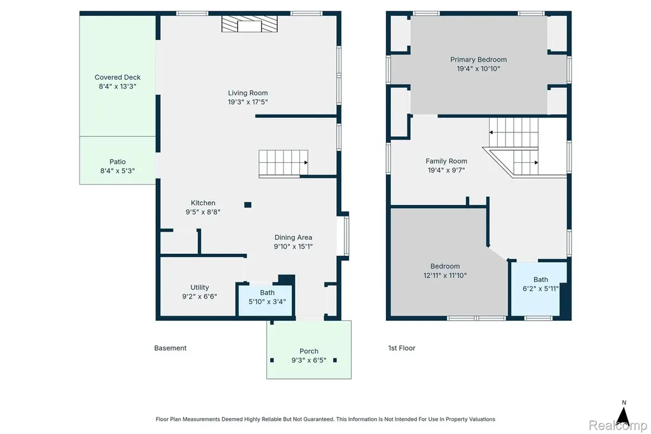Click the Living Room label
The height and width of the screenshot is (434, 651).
coord(248,93)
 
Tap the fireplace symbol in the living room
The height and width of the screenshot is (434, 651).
coord(249,24)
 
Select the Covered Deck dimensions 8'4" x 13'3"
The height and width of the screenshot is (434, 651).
coord(118,87)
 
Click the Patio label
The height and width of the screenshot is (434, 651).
coord(118,162)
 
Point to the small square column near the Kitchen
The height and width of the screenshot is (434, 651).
coord(248,204)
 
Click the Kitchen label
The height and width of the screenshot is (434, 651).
coord(203,203)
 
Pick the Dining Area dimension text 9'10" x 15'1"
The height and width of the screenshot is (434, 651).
coord(293,246)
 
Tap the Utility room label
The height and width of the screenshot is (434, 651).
coord(200,287)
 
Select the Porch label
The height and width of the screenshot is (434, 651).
coord(309,351)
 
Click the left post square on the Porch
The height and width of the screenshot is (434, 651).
coord(272,360)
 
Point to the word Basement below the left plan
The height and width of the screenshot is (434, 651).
coord(170,348)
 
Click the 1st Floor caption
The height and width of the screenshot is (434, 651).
coord(402,348)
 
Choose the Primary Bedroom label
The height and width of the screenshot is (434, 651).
coord(478,59)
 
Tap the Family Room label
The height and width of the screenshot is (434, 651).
coord(446,161)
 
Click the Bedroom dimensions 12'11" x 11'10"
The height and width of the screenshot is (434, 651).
coord(445,275)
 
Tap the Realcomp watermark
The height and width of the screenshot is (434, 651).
coord(618,425)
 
